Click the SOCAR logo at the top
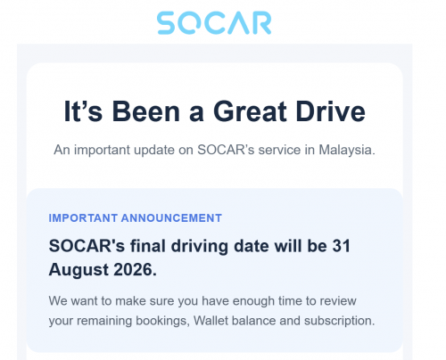[x=214, y=23]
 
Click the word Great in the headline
[x=250, y=111]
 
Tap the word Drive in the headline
[x=331, y=111]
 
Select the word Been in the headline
[x=146, y=111]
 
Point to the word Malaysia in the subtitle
[x=347, y=151]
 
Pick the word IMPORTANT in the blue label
[x=83, y=218]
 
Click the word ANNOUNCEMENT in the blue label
[x=171, y=218]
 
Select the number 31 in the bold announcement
[x=342, y=246]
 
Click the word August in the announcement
[x=78, y=270]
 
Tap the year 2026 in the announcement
[x=135, y=270]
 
